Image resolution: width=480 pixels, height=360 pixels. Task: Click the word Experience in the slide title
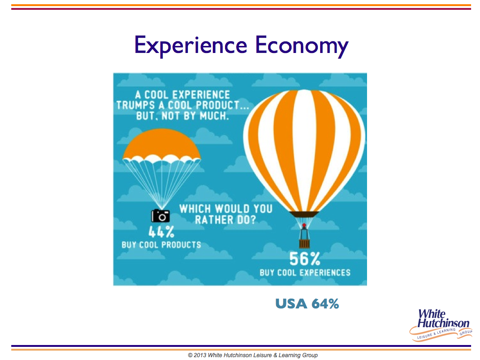(191, 45)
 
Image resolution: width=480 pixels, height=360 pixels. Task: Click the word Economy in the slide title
(302, 46)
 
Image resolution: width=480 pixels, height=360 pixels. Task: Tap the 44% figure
(161, 232)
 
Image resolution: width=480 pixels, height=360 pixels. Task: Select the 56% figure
(305, 259)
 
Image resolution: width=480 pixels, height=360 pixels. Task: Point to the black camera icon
(160, 216)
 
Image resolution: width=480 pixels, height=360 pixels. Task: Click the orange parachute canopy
(162, 144)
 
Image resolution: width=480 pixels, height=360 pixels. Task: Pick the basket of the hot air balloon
(304, 244)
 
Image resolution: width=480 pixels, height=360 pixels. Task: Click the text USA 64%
(307, 304)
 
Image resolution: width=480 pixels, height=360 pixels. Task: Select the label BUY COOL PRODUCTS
(161, 245)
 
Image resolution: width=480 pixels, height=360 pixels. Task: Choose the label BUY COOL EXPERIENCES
(305, 272)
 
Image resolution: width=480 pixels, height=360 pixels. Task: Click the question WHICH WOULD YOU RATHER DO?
(225, 214)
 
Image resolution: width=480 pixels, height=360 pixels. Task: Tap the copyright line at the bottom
(253, 355)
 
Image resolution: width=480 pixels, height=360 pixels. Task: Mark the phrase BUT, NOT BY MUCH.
(182, 116)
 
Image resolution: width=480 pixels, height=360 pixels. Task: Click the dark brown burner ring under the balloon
(304, 214)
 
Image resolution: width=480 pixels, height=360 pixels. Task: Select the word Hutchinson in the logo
(443, 323)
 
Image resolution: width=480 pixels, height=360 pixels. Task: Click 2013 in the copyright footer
(200, 355)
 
